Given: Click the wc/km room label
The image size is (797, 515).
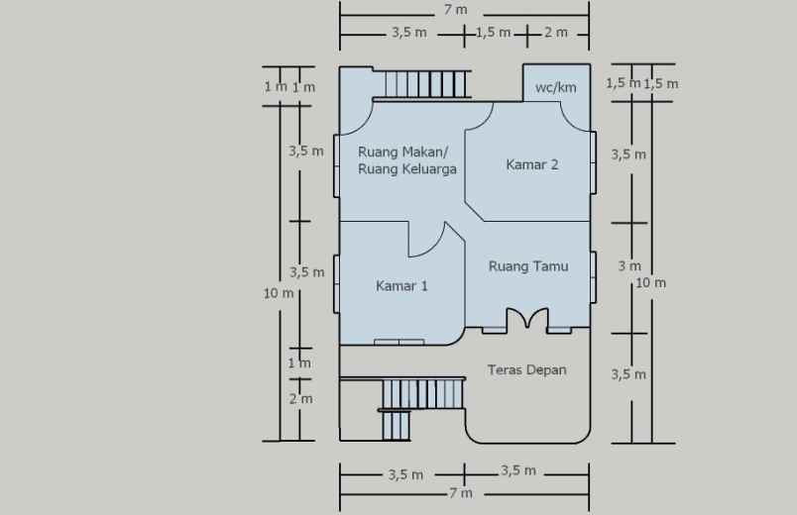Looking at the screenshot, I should pos(555,87).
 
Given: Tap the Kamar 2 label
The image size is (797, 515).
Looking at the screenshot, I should pos(532,164).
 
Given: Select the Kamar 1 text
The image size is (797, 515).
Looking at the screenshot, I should pos(401,286).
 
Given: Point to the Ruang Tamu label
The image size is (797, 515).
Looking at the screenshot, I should pos(528,265).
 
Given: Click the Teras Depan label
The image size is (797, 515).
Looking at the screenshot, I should pos(526,369).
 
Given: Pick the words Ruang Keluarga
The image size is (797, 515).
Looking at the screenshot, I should pos(406,169).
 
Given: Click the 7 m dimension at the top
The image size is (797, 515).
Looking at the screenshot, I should pos(456,10).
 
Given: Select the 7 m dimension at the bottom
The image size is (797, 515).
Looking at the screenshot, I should pos(460,493).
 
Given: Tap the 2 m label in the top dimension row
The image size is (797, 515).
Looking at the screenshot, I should pos(555,33).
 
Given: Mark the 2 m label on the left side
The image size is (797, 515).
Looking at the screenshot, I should pos(300,399).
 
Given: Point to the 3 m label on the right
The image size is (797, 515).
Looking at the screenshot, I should pos(629,266).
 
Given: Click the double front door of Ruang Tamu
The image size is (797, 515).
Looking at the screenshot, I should pos(527,319).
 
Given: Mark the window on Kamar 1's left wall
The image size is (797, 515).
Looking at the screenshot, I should pos(337,284).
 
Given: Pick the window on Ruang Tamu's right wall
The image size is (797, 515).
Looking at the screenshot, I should pos(593,278).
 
